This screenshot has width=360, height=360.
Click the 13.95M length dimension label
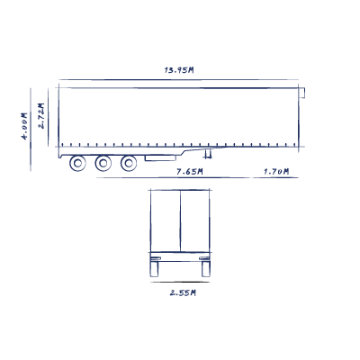179,70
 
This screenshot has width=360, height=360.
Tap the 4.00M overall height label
24,126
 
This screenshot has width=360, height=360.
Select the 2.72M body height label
41,116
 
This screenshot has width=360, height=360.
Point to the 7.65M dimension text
190,172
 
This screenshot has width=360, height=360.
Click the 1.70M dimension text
276,172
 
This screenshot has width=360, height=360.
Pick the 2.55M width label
183,292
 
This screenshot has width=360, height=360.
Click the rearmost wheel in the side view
77,163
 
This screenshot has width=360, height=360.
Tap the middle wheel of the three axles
103,163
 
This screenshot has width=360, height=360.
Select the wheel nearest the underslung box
129,163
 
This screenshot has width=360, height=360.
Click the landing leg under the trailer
207,154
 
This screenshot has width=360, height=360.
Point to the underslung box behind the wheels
160,158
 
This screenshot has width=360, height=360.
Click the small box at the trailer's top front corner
301,93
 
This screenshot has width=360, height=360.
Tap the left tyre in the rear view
154,269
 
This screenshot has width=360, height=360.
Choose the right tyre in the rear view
206,269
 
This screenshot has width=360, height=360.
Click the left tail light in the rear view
156,258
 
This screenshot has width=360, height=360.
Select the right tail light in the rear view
204,258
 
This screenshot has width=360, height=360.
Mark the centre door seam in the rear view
180,220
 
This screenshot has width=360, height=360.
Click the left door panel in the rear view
166,220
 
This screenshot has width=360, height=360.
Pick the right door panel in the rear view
195,220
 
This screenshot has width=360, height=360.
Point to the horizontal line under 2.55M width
180,282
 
